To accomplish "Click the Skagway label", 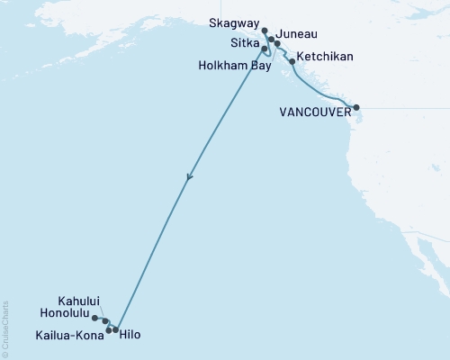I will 233,24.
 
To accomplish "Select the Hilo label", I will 130,335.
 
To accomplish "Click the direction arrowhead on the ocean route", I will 188,178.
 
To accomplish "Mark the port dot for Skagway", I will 265,31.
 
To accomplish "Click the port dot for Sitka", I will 264,49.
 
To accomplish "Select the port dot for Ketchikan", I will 292,62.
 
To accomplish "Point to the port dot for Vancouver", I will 356,106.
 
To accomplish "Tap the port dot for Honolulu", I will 94,317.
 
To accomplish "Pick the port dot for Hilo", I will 115,330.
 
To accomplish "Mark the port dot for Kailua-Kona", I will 109,330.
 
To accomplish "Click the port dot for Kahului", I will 105,320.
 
